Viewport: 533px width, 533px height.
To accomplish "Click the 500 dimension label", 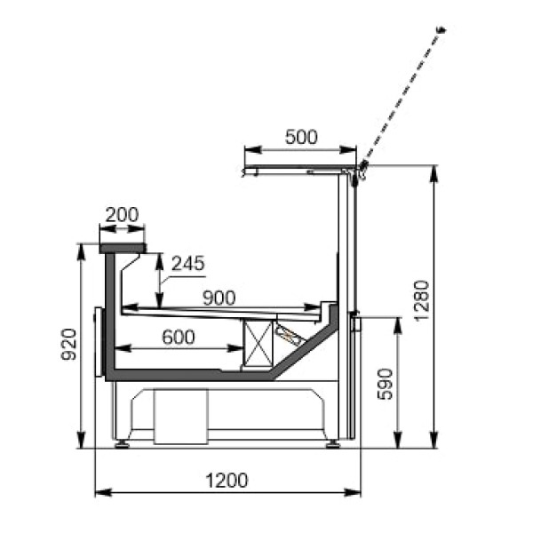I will point(301,137).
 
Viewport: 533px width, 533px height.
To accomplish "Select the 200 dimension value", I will point(122,214).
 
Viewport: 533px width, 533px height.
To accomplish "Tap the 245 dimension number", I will point(187,263).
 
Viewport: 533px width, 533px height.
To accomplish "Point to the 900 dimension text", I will point(219,298).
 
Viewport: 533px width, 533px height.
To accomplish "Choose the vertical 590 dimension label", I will point(385,383).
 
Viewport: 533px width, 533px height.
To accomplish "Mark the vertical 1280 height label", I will point(421,299).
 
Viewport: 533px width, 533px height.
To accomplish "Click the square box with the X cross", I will point(258,342).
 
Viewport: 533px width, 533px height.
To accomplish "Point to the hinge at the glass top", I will point(362,169).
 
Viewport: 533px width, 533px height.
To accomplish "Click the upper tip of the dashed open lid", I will point(442,31).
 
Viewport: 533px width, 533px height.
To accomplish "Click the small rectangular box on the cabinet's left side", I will point(99,334).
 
